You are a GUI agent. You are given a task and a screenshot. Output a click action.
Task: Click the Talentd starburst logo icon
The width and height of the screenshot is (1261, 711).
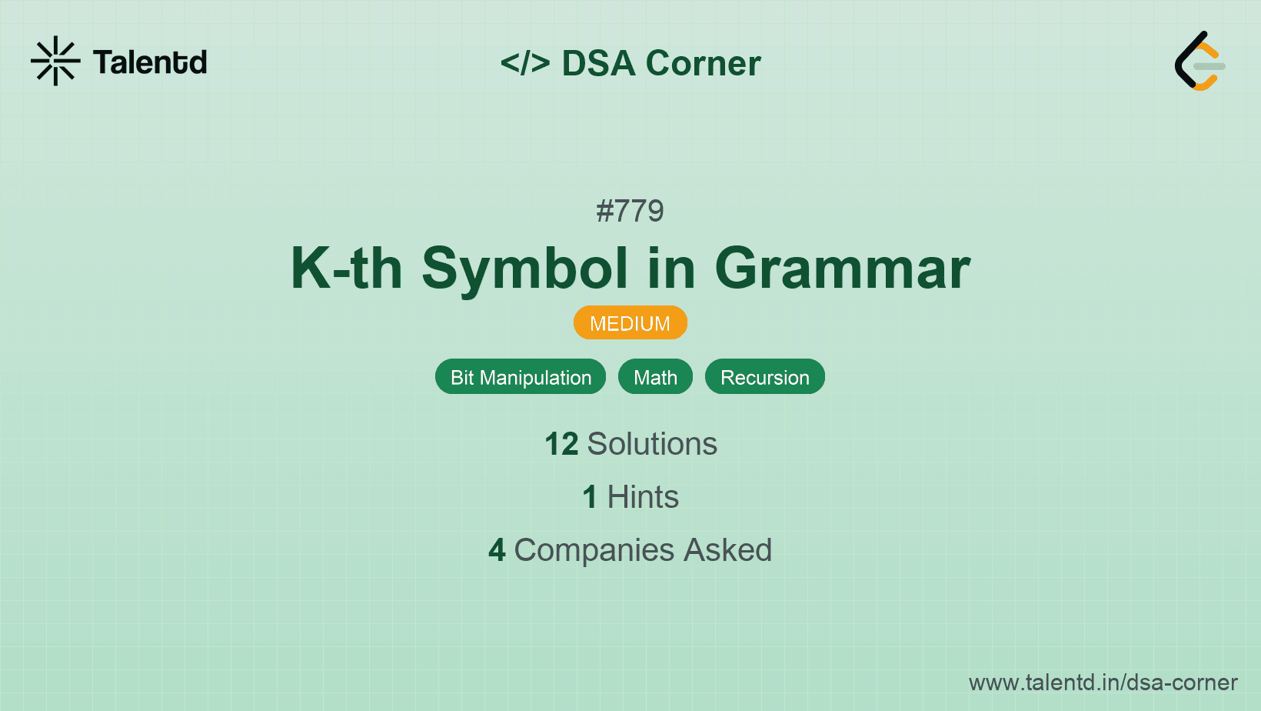point(55,61)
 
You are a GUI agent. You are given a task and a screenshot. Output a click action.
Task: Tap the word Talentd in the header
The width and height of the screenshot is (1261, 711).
point(150,62)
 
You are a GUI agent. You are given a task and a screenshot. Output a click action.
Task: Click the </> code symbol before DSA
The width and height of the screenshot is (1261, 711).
point(524,62)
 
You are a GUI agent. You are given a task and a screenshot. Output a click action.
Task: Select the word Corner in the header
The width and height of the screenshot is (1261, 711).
point(703,63)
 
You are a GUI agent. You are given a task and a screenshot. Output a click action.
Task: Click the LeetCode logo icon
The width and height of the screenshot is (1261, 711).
point(1199,61)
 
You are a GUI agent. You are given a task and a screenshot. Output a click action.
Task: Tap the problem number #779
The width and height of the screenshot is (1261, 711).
point(630,212)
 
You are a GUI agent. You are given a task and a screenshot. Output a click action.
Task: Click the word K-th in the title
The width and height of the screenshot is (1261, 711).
point(346,269)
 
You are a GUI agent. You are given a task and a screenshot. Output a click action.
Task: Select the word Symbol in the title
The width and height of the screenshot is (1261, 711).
point(524,270)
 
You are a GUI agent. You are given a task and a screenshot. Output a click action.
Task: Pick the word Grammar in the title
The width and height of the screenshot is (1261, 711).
point(843,270)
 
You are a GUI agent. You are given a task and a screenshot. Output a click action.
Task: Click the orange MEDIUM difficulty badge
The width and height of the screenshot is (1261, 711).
point(630,323)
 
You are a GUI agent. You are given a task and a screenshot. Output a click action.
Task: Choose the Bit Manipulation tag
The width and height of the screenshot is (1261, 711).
point(521,377)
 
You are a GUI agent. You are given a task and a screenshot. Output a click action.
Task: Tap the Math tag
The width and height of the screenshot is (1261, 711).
point(655,377)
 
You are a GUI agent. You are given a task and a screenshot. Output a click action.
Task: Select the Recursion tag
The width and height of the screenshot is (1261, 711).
point(765,377)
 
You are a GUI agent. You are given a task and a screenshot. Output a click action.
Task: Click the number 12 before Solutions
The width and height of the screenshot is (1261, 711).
point(561,444)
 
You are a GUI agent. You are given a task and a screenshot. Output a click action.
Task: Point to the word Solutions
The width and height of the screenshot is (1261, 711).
point(653,444)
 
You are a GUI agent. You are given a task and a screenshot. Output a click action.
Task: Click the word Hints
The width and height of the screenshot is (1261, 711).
point(643,497)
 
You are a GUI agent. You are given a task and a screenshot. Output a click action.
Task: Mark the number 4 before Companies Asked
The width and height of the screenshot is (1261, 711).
point(497,550)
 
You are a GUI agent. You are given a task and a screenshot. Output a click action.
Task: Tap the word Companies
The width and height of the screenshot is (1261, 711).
point(594,551)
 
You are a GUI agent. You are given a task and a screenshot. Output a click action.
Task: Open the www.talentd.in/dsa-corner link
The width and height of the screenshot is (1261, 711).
point(1103,683)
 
